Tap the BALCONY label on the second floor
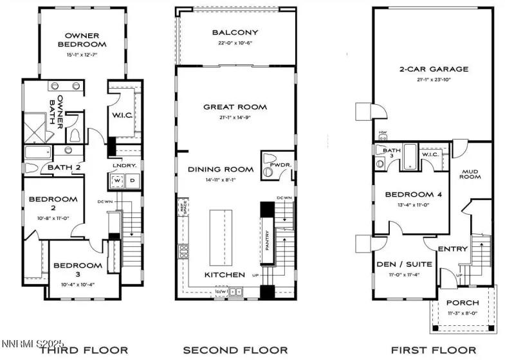tap(235, 32)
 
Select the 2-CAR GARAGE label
tap(434, 69)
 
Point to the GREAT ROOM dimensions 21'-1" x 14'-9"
tap(235, 118)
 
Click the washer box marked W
tap(118, 181)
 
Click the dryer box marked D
tap(133, 181)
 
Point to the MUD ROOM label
tap(475, 175)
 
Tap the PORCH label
tap(462, 303)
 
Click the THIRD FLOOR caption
tap(84, 350)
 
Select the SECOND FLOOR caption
tap(235, 350)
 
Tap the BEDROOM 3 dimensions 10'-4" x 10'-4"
tap(78, 276)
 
